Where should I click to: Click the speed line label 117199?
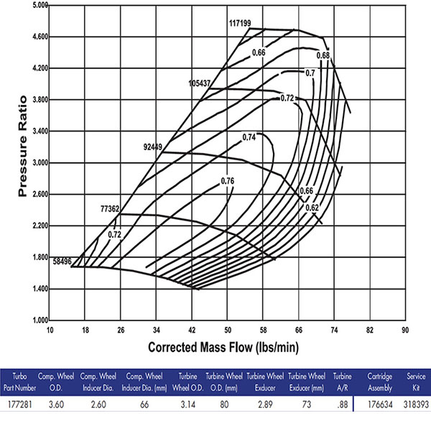click(x=240, y=23)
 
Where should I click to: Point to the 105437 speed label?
click(x=200, y=83)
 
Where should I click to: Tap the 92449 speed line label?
click(x=153, y=147)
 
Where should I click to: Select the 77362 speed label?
click(x=110, y=208)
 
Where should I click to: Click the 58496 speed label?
click(x=62, y=261)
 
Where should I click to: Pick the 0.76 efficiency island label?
click(x=228, y=180)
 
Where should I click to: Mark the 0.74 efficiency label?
click(x=249, y=137)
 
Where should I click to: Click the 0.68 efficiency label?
click(x=323, y=56)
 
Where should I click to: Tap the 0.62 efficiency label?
click(x=312, y=208)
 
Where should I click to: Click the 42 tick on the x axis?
click(x=192, y=330)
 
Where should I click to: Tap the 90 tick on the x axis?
click(x=404, y=330)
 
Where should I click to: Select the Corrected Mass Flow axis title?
click(x=224, y=347)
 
